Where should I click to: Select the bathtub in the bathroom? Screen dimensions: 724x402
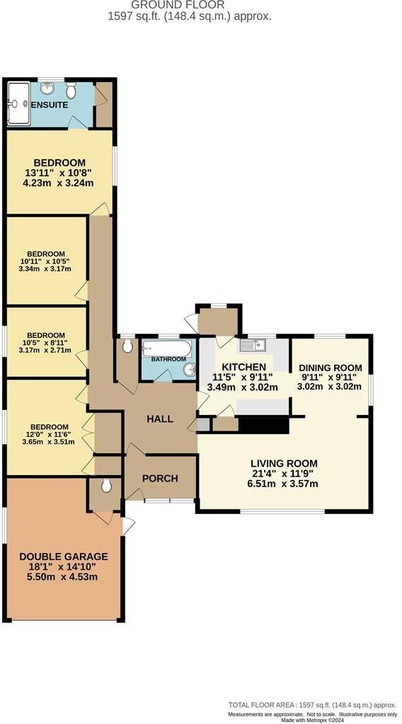pos(167,349)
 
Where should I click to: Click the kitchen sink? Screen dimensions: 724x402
pos(252,345)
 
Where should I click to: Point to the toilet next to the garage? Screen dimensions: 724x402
pos(105,486)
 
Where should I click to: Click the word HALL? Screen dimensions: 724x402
pos(160,419)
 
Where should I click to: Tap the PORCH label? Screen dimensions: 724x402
pos(160,478)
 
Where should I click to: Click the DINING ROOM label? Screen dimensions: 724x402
pos(330,368)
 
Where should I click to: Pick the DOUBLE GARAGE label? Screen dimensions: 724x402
pos(64,556)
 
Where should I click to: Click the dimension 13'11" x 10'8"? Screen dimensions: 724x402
pos(59,173)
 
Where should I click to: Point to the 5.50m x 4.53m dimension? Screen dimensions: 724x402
pos(64,577)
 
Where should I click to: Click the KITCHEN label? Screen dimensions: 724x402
pos(244,367)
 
